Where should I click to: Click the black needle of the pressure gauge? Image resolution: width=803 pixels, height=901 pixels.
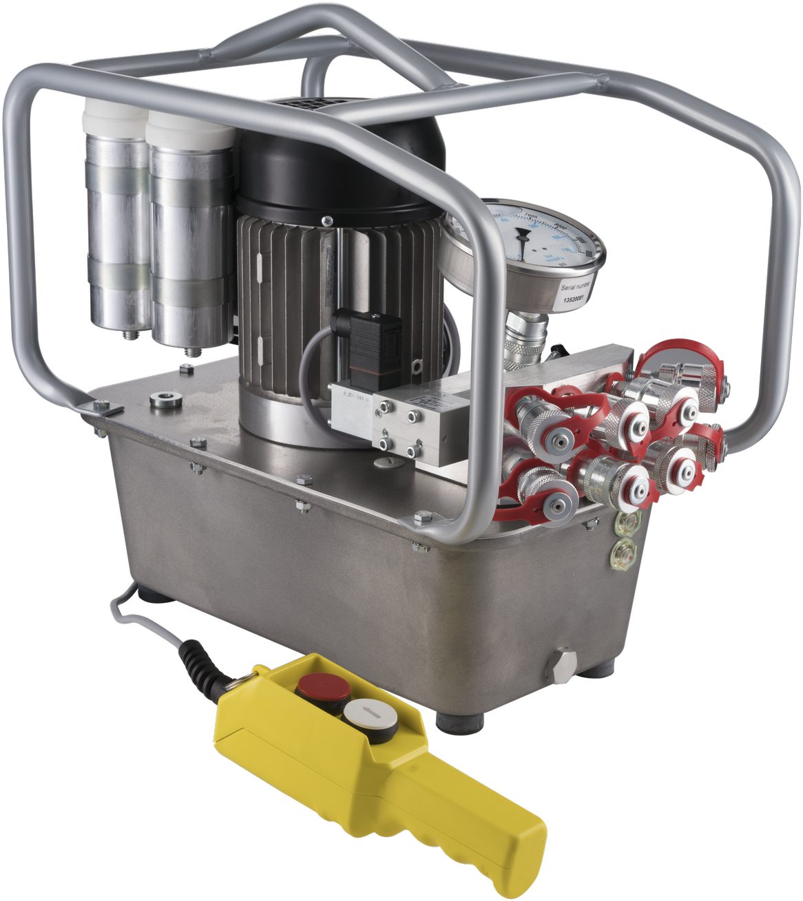click(x=524, y=245)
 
